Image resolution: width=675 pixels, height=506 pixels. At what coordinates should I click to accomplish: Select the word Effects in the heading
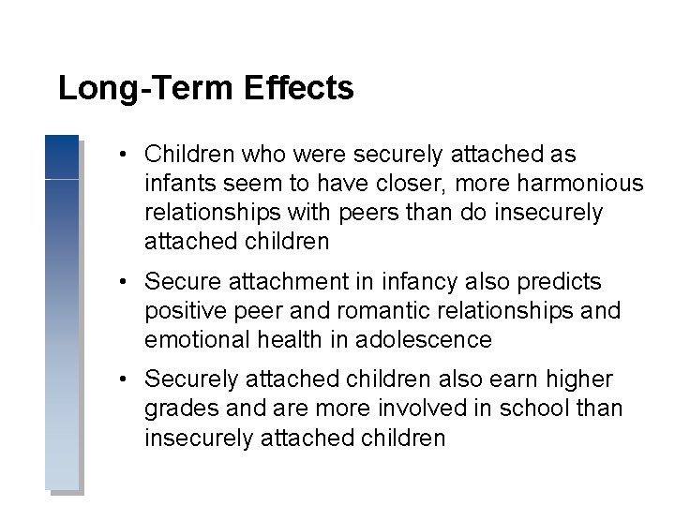tap(299, 89)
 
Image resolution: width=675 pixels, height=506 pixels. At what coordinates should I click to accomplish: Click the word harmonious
tap(581, 184)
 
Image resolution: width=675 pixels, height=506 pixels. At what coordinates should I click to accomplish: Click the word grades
tap(182, 409)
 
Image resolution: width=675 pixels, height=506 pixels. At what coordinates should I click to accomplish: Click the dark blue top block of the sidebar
tap(62, 156)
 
